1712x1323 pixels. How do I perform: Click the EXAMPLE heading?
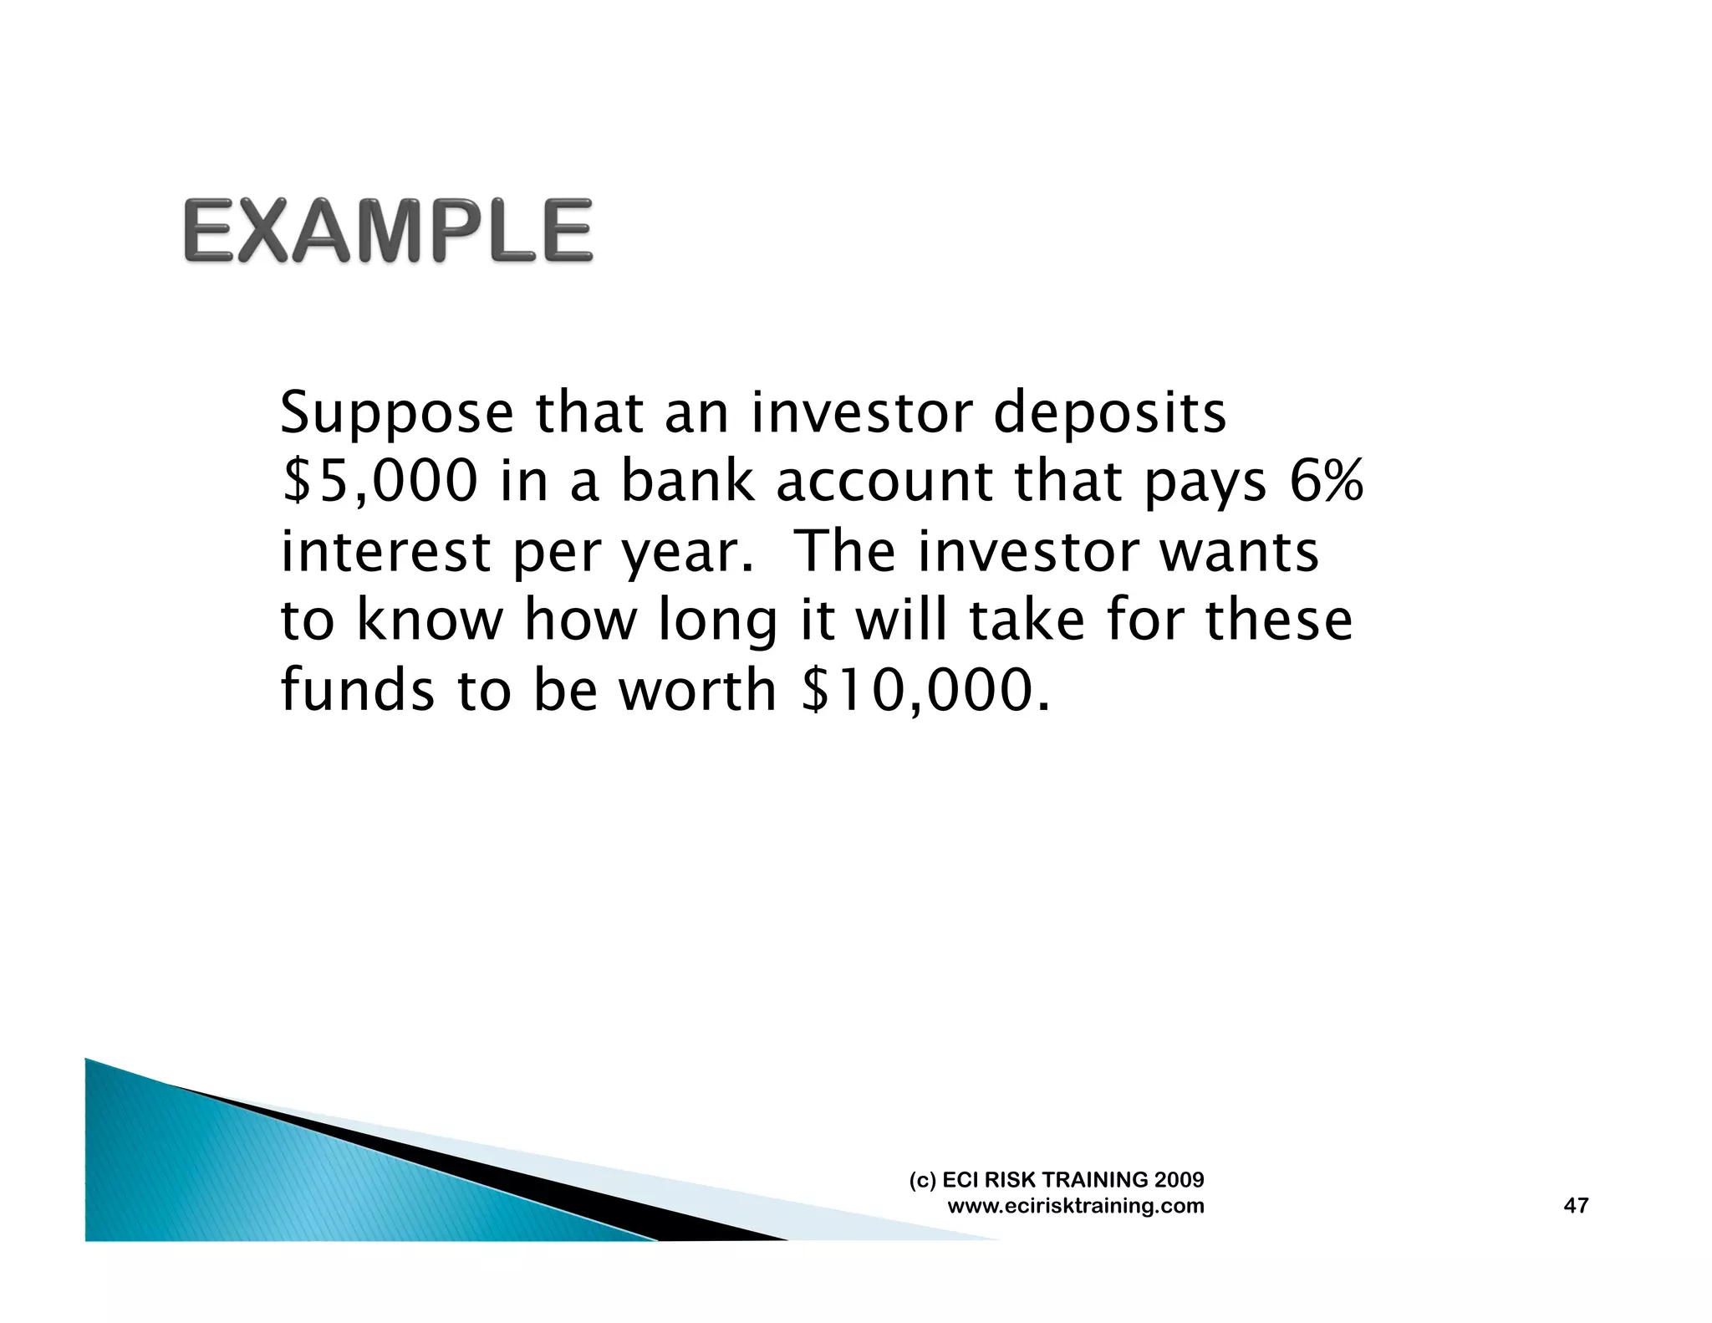click(x=388, y=230)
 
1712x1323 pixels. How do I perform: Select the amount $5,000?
click(x=380, y=483)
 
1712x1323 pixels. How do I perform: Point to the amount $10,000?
click(x=923, y=691)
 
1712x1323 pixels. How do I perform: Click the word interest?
click(x=385, y=552)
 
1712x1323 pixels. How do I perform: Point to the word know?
click(x=430, y=621)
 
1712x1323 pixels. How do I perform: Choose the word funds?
click(x=358, y=691)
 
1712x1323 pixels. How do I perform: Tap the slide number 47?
click(x=1575, y=1205)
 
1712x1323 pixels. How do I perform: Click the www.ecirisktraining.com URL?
click(x=1076, y=1206)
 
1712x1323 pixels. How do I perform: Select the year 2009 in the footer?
click(x=1179, y=1180)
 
